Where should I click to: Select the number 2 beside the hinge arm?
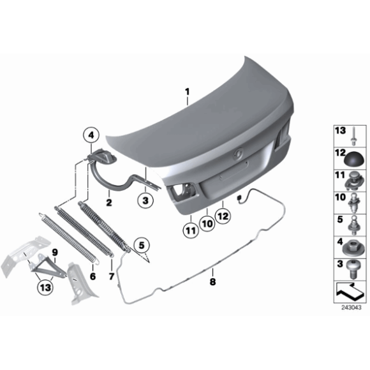[x=109, y=202]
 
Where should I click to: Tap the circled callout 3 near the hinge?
[x=145, y=200]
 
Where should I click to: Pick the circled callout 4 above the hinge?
[x=91, y=135]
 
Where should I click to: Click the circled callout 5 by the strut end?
[x=142, y=243]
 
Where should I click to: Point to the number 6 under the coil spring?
[x=93, y=276]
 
